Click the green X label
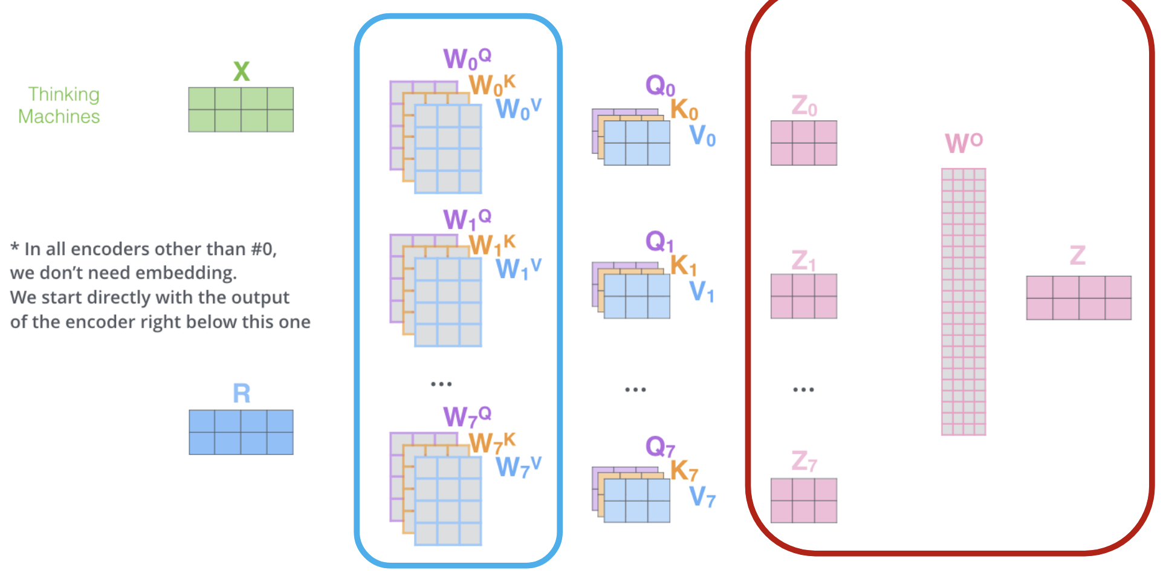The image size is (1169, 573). [x=241, y=71]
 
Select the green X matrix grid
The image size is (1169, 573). [x=241, y=109]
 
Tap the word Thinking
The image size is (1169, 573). [x=63, y=94]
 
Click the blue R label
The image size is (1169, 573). [x=241, y=393]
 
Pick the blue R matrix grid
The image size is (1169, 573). [x=241, y=432]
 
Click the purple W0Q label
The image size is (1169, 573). [x=466, y=59]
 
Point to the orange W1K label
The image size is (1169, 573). [x=491, y=244]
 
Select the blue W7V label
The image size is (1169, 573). [x=517, y=467]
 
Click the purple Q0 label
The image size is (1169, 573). [x=659, y=86]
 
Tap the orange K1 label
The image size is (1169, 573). [x=683, y=265]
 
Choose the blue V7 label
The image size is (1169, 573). [x=702, y=497]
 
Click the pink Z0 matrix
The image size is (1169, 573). [x=803, y=143]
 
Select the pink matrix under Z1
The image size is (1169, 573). [x=803, y=296]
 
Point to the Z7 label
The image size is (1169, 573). [x=804, y=461]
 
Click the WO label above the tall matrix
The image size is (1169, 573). [x=963, y=143]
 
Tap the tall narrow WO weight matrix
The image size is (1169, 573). [x=963, y=302]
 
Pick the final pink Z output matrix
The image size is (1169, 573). [x=1078, y=298]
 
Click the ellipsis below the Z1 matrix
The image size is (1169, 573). [x=803, y=390]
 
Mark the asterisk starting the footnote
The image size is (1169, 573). [x=15, y=247]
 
